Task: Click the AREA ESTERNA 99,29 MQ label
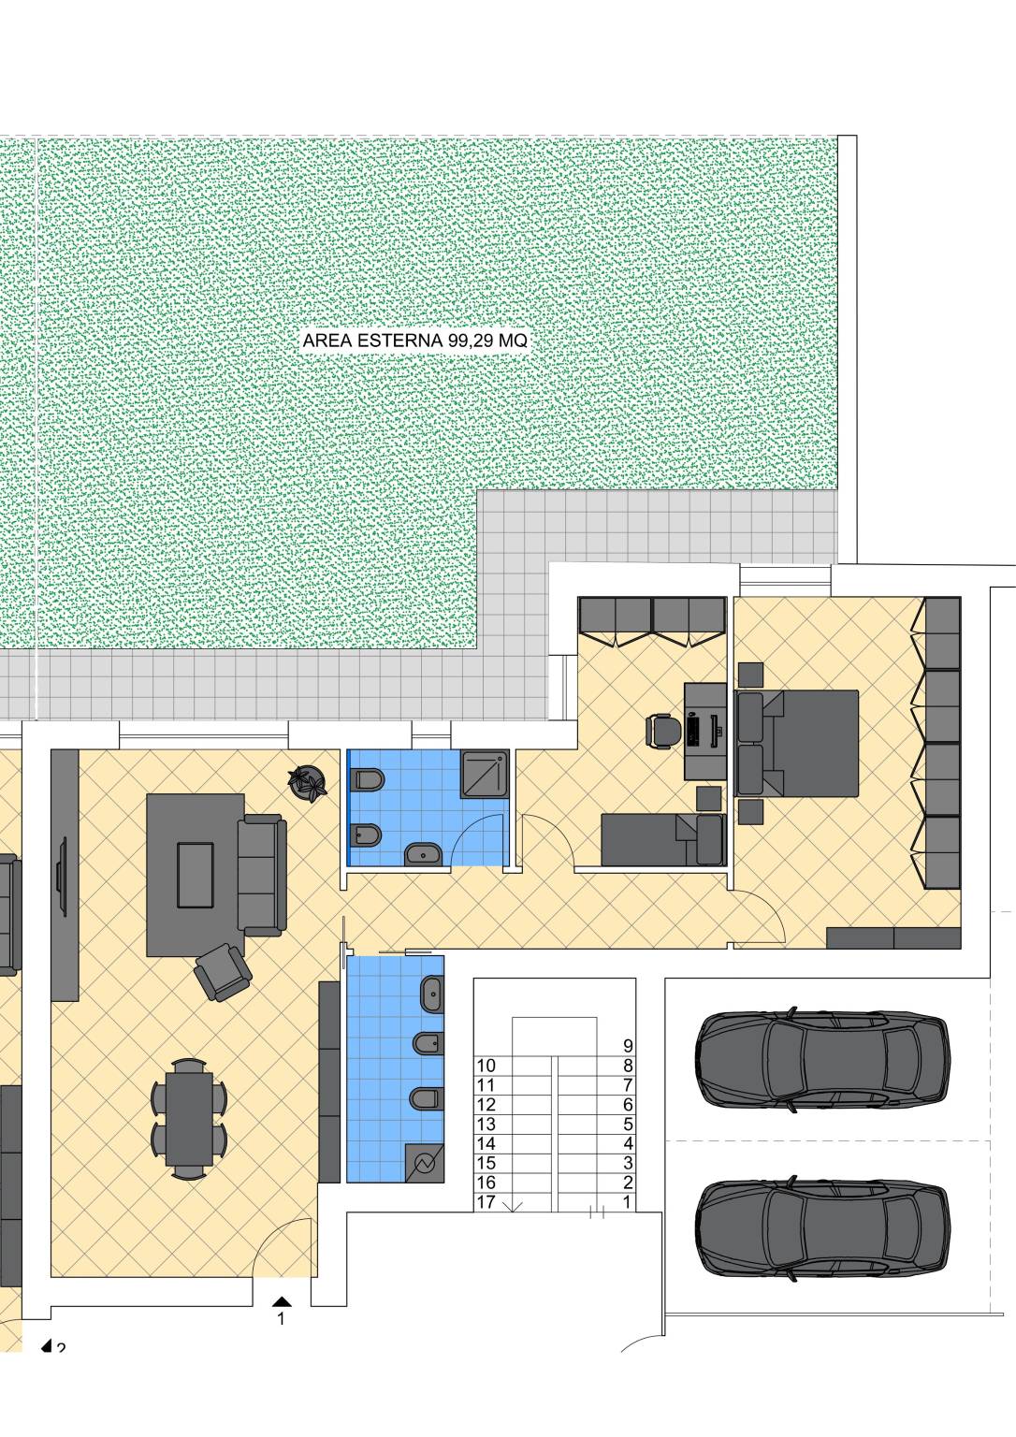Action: tap(415, 341)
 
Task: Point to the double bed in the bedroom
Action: tap(797, 744)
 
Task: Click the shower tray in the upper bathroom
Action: tap(485, 775)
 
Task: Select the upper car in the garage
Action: tap(823, 1061)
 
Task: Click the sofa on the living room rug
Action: tap(262, 876)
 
